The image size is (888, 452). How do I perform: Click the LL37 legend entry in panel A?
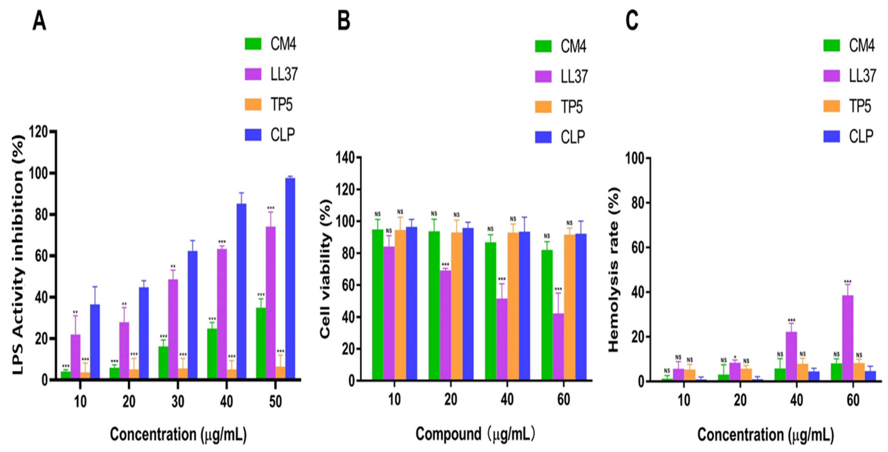coord(271,74)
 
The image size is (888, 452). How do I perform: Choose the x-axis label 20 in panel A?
coord(129,401)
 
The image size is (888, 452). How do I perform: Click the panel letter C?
coord(632,21)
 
